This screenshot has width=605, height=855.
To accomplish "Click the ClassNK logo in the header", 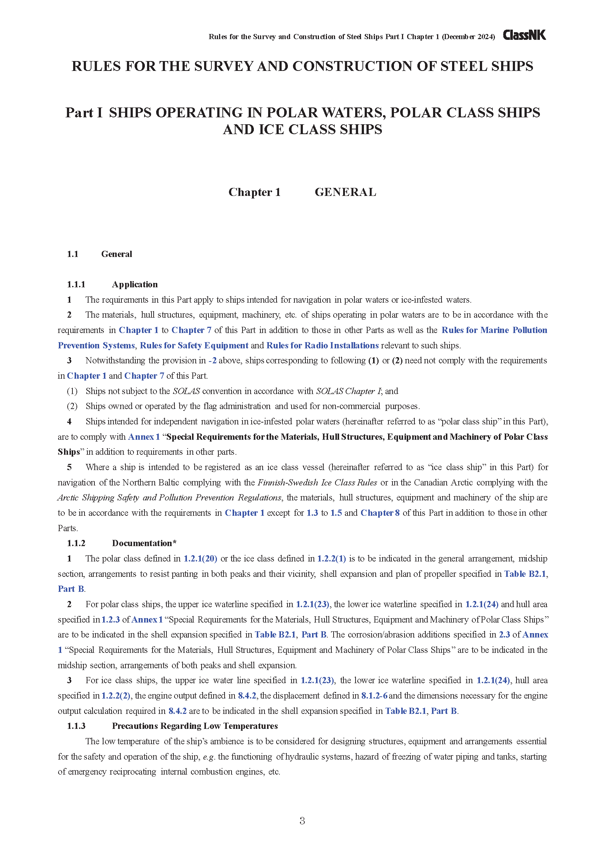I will (x=524, y=35).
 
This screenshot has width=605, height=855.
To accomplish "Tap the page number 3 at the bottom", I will (x=302, y=820).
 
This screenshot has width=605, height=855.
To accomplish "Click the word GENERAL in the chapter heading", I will (x=345, y=192).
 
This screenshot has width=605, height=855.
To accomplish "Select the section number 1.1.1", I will (x=76, y=284).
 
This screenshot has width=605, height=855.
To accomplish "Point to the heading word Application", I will (x=135, y=284).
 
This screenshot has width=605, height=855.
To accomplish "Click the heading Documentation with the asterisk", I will (x=144, y=543).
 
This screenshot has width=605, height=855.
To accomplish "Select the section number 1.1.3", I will (x=76, y=726).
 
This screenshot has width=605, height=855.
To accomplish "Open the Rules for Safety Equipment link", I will (x=194, y=345).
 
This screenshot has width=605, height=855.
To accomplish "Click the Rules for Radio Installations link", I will (x=322, y=345).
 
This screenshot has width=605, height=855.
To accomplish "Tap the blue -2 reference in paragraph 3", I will (x=213, y=360).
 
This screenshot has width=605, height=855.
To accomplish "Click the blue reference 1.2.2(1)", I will (x=331, y=559).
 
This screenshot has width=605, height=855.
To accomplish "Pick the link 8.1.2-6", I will (x=374, y=696).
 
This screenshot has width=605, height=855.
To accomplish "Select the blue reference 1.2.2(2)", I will (x=116, y=696).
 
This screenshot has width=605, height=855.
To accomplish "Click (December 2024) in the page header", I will (x=468, y=37).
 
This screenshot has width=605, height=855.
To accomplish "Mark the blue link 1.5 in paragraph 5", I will (x=336, y=513).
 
